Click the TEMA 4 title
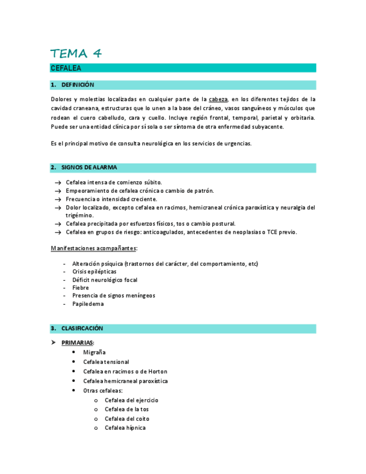pyautogui.click(x=76, y=54)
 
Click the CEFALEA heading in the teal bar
pyautogui.click(x=66, y=68)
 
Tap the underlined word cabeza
pyautogui.click(x=218, y=99)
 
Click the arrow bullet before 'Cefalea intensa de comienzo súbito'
pyautogui.click(x=58, y=183)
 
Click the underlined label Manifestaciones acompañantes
pyautogui.click(x=94, y=248)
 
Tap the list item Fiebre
pyautogui.click(x=80, y=288)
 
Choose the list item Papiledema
pyautogui.click(x=88, y=304)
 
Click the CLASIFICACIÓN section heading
pyautogui.click(x=82, y=328)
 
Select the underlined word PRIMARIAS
pyautogui.click(x=77, y=343)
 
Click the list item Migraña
pyautogui.click(x=94, y=353)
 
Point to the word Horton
pyautogui.click(x=157, y=372)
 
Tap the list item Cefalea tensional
pyautogui.click(x=106, y=362)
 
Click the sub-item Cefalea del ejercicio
pyautogui.click(x=131, y=400)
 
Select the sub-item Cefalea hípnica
pyautogui.click(x=125, y=428)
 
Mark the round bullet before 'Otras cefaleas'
pyautogui.click(x=75, y=391)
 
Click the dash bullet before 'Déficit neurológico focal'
pyautogui.click(x=65, y=280)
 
